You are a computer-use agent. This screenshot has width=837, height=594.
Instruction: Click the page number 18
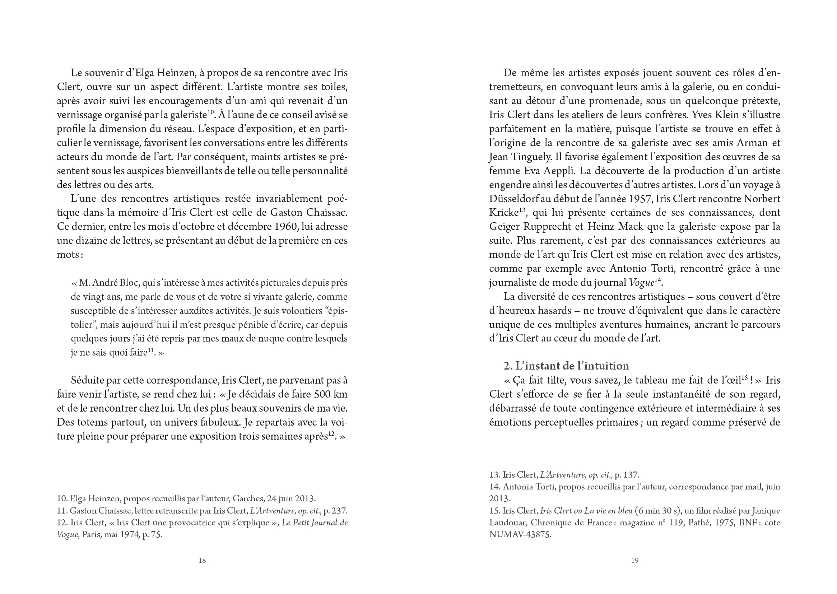(202, 560)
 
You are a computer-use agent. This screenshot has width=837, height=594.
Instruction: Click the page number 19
(634, 560)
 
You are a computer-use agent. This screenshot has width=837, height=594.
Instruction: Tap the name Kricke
(504, 213)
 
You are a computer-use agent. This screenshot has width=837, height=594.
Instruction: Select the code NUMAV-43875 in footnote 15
(520, 535)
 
